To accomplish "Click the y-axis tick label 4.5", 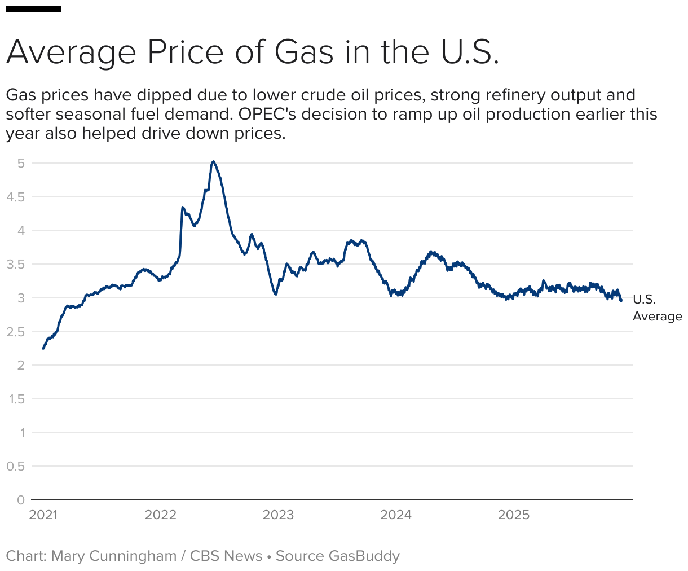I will coord(15,197).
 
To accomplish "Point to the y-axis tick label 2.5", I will coord(15,332).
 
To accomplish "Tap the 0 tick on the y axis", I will coord(21,500).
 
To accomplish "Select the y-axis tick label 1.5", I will coord(16,399).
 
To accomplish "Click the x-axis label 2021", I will coord(43,515).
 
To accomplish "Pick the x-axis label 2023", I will coord(278,515).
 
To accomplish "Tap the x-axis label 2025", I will coord(514,515).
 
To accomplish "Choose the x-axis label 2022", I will coord(161,515).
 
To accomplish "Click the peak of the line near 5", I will coord(213,162).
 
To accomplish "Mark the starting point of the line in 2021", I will coord(43,348).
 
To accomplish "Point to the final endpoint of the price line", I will coord(621,301).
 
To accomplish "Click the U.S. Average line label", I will coord(656,308).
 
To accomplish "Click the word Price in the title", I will coord(186,52).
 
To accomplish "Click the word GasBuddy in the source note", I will coord(364,556).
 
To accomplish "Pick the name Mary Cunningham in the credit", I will coord(114,556).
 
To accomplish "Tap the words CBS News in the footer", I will coord(226,556).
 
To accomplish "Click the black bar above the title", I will coord(33,9).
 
